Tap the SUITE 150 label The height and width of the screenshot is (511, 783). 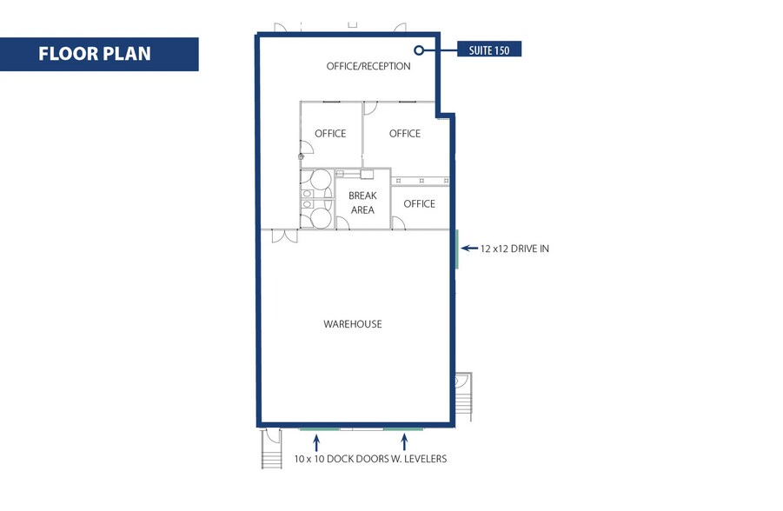[x=490, y=50]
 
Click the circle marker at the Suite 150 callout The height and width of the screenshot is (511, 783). [x=418, y=50]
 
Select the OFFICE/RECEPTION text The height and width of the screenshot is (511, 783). [x=368, y=66]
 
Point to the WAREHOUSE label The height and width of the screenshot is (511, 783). [x=353, y=324]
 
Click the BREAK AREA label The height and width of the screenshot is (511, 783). [x=362, y=202]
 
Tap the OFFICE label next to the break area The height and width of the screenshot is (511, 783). [x=419, y=203]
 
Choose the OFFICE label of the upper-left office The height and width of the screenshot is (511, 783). [x=330, y=134]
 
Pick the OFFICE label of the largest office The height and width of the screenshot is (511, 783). [x=405, y=133]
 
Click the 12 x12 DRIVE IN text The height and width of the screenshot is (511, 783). [x=514, y=249]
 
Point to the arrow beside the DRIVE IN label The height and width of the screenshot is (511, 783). [x=468, y=249]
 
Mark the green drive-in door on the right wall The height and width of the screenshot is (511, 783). [x=456, y=249]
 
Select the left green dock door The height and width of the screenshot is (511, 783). [x=320, y=428]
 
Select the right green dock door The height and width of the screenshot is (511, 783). [x=403, y=428]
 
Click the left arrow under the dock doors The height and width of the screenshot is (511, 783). [x=316, y=442]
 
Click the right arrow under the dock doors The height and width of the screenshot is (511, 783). [x=403, y=442]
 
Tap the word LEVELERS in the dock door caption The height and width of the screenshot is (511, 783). [x=421, y=458]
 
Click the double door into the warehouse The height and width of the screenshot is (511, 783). [x=284, y=236]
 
